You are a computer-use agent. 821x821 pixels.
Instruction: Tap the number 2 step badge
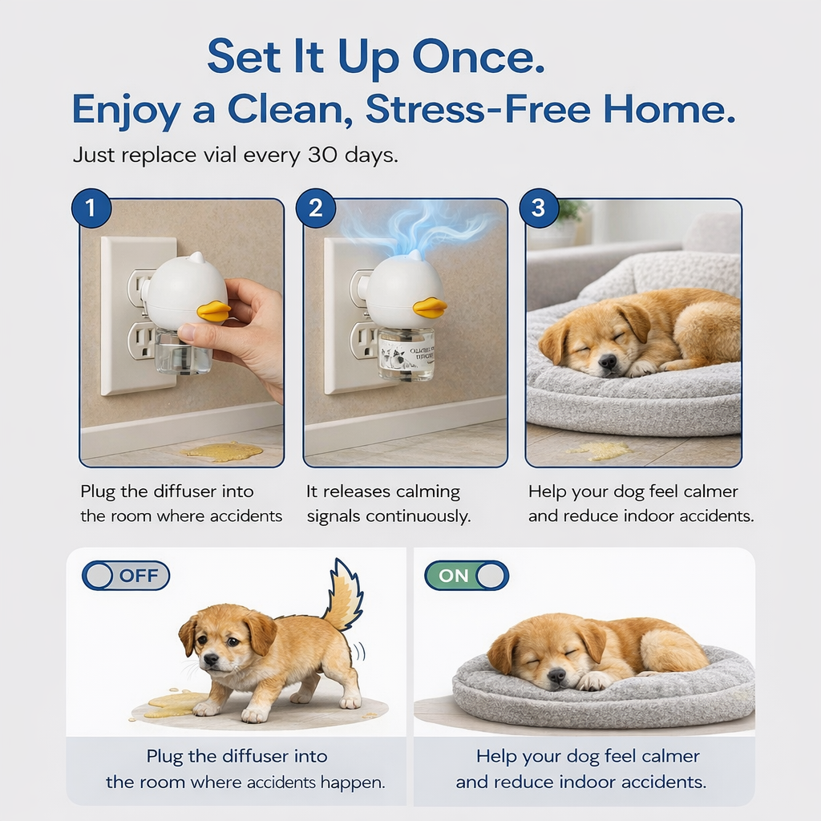[315, 208]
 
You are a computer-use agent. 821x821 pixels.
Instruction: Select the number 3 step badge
[538, 208]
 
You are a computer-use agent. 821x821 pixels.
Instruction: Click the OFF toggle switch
[126, 575]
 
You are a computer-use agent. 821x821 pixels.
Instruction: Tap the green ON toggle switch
[467, 575]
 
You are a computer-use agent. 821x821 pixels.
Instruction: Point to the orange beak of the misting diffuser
[430, 307]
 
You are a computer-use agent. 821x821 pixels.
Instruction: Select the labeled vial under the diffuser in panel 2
[406, 353]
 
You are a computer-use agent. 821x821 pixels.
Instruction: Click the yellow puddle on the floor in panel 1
[222, 451]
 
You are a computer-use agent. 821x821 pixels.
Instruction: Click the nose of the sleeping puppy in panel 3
[609, 362]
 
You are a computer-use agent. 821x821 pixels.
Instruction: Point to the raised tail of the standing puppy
[345, 597]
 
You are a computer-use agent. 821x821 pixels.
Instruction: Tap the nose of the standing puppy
[210, 659]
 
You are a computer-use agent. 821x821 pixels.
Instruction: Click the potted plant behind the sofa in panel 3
[570, 212]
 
